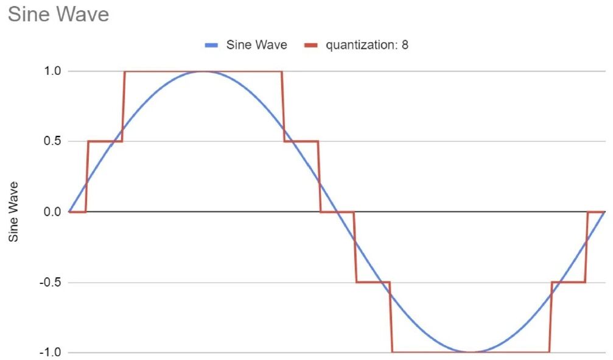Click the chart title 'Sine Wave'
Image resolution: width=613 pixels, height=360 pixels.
click(58, 14)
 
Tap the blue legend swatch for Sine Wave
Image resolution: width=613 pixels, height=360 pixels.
click(211, 45)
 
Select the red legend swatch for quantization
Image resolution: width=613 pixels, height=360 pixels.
click(311, 45)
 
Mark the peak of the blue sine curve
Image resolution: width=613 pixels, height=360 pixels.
click(203, 71)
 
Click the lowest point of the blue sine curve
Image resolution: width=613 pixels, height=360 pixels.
click(471, 352)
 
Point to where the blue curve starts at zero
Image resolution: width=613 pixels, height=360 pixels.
click(70, 211)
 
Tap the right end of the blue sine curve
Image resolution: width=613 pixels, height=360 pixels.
click(604, 211)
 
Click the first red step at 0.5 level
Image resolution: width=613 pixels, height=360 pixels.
click(105, 141)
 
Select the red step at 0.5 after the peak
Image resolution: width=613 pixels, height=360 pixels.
click(301, 141)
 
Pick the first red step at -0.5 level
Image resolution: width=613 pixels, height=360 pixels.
click(373, 282)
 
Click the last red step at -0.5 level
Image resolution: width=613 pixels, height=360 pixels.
click(568, 282)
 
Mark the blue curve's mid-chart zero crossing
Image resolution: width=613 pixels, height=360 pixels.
click(337, 212)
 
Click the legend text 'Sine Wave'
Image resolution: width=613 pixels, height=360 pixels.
click(256, 45)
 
